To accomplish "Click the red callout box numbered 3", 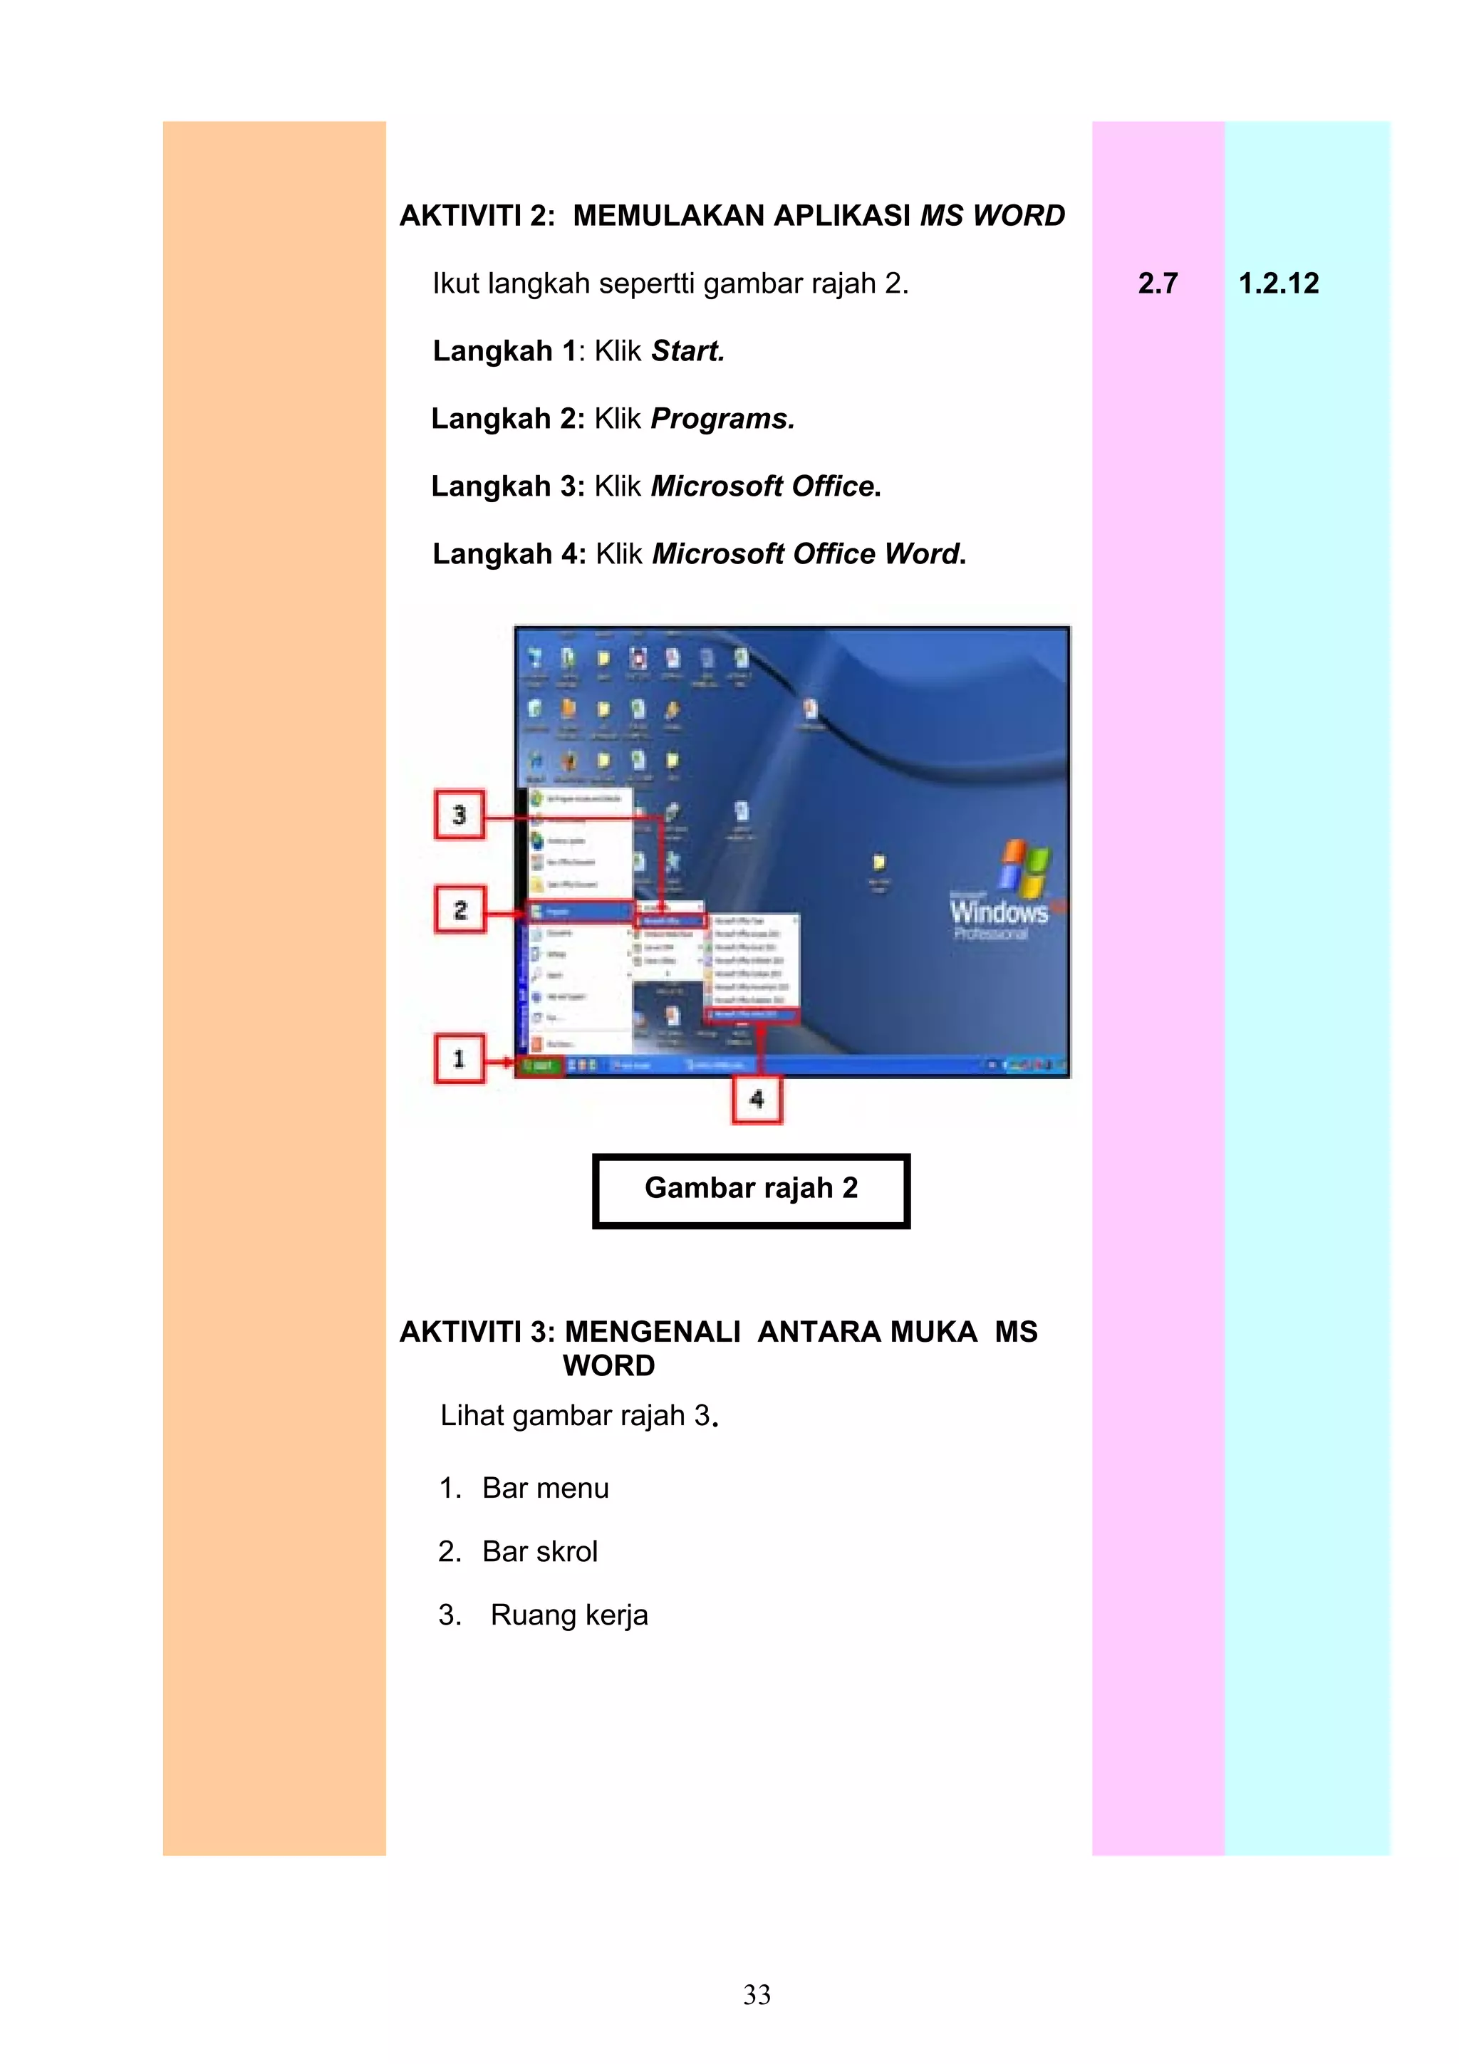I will (459, 815).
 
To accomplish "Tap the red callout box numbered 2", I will (459, 909).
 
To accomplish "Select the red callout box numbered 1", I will (459, 1058).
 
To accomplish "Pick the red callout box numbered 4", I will (757, 1098).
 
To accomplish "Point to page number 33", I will (757, 1994).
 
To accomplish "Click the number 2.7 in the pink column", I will (1157, 283).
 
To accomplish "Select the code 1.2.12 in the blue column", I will (1278, 283).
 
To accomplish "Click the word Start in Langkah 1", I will (687, 350).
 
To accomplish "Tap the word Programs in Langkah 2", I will (722, 419).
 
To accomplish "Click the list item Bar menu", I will (545, 1488).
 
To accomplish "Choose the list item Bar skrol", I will (539, 1552).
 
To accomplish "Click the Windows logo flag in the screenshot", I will (1024, 867).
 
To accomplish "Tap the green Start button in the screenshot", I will (539, 1065).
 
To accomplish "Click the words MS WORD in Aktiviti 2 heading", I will (992, 216).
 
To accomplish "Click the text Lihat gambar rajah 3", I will (579, 1416).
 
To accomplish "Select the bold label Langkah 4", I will (509, 554).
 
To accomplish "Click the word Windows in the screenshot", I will (999, 912).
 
